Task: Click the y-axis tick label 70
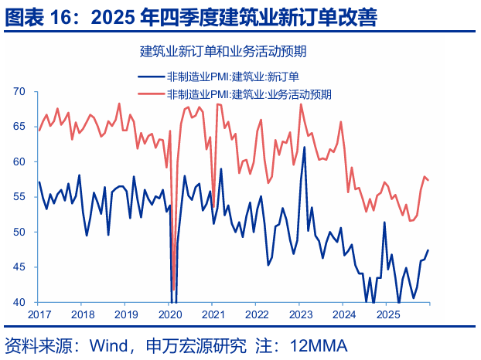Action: point(20,92)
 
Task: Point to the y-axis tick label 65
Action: point(20,127)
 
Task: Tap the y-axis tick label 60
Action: point(20,162)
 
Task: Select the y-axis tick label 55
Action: point(20,197)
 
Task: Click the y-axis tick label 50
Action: point(20,232)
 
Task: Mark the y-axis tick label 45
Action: point(20,267)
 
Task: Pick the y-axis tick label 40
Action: point(20,302)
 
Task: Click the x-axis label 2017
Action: point(39,315)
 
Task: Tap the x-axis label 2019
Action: point(126,315)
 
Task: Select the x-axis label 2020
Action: point(169,315)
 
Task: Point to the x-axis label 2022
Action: point(257,315)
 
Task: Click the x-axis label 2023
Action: point(300,315)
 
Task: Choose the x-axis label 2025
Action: point(387,315)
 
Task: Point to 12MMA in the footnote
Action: point(319,344)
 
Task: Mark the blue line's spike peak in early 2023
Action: point(305,147)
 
